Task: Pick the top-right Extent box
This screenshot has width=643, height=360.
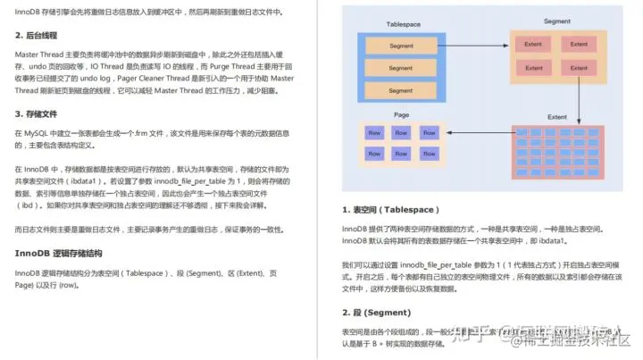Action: (x=579, y=44)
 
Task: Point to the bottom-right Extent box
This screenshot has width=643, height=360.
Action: (x=579, y=67)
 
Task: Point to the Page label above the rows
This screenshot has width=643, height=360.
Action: (x=402, y=115)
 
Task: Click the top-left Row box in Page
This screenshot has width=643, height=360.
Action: (x=375, y=133)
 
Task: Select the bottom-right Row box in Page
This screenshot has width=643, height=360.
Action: (x=430, y=154)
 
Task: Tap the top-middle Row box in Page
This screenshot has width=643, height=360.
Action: (x=403, y=133)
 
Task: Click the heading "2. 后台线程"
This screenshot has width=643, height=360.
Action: (x=41, y=35)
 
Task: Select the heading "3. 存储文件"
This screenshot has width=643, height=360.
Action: (x=41, y=113)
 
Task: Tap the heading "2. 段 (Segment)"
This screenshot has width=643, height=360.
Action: (x=376, y=313)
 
